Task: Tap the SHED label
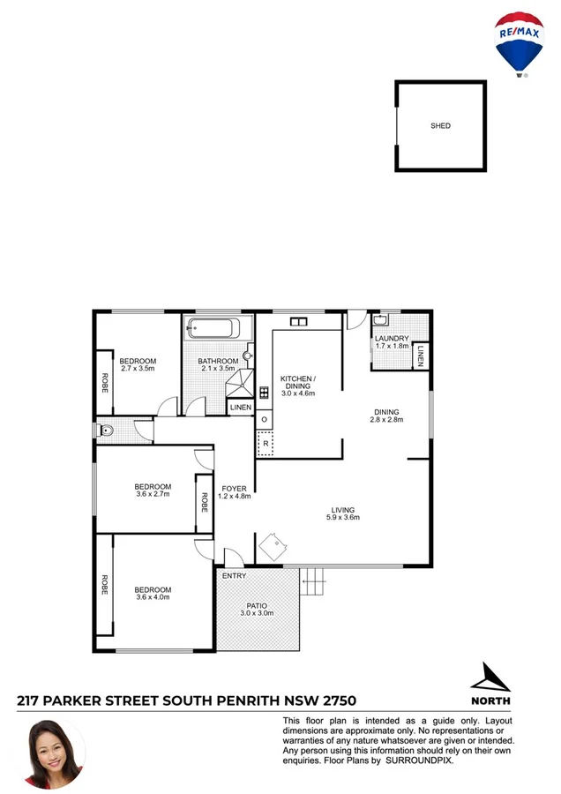pos(440,126)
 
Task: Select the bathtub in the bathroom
pos(213,330)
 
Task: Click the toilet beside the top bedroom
pos(106,432)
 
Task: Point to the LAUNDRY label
pos(391,338)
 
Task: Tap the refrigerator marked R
pos(265,443)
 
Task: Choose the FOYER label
pos(235,488)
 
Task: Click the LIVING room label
pos(343,509)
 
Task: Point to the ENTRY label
pos(235,576)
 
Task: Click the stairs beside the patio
pos(312,582)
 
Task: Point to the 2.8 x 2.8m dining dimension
pos(386,420)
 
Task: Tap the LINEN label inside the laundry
pos(421,356)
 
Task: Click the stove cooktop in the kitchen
pos(264,393)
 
